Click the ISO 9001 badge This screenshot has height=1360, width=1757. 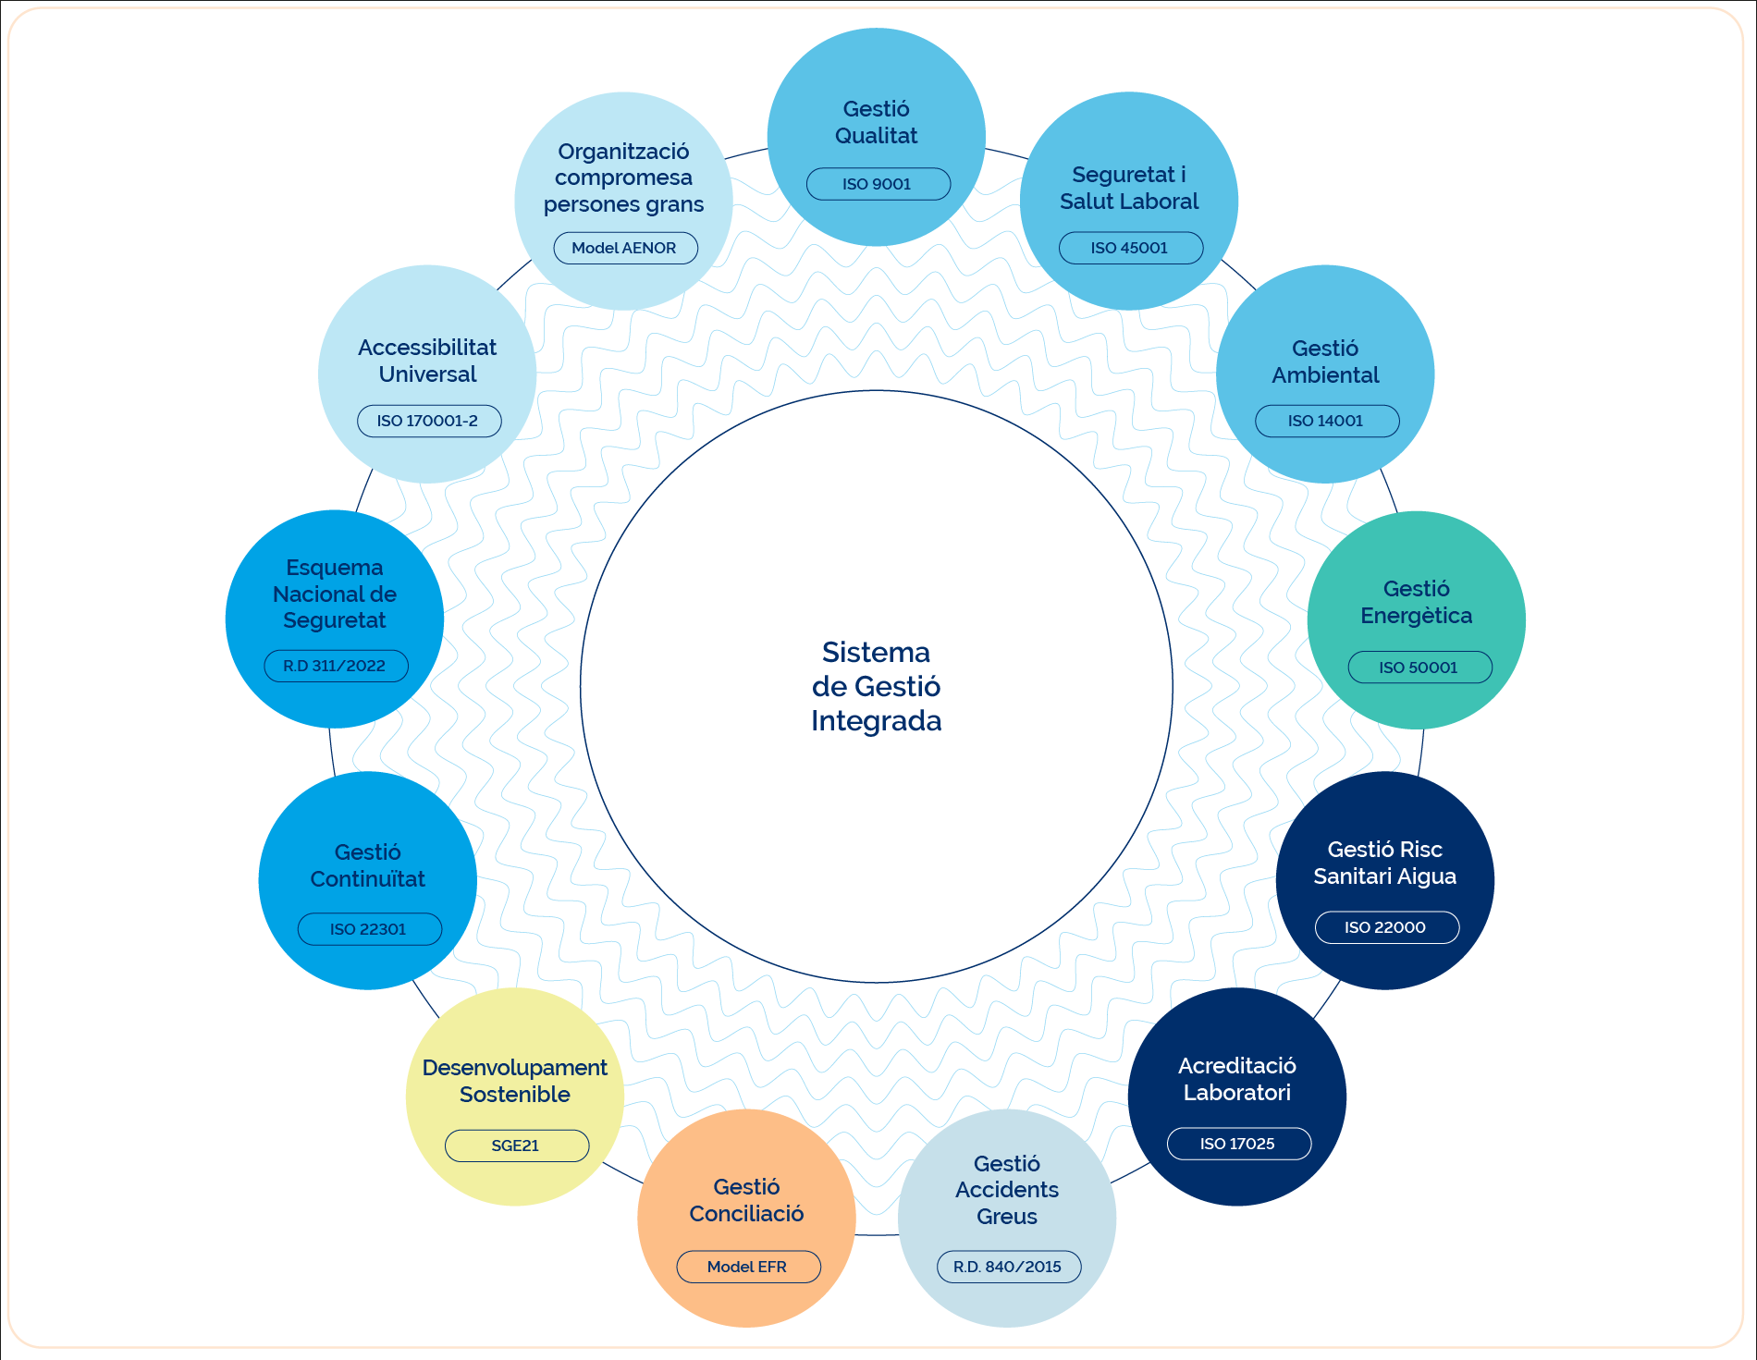(x=878, y=184)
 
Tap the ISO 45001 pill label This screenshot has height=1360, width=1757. (x=1130, y=248)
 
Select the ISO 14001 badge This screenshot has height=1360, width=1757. (x=1326, y=421)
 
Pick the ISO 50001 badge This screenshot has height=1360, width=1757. (x=1419, y=667)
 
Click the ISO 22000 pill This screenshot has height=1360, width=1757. (x=1386, y=927)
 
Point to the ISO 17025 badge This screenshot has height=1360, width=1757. (x=1238, y=1144)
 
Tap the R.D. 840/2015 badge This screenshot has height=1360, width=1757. (x=1008, y=1267)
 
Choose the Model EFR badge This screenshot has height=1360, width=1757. (x=748, y=1267)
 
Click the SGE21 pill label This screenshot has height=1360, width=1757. (x=516, y=1146)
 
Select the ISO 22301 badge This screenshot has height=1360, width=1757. (x=369, y=929)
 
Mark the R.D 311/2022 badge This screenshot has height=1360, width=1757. (x=336, y=666)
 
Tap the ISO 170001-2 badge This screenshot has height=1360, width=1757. (x=429, y=421)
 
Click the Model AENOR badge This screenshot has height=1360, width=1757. (x=625, y=248)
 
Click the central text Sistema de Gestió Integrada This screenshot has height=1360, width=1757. (x=877, y=687)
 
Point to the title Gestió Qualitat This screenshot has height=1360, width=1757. (x=877, y=122)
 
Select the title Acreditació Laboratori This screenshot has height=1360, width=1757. (x=1237, y=1079)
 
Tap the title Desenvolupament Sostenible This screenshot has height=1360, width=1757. (x=515, y=1081)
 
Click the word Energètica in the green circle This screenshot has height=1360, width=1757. (x=1417, y=616)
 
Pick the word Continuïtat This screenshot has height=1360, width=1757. (x=368, y=879)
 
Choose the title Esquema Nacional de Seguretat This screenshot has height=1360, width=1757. (x=335, y=594)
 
